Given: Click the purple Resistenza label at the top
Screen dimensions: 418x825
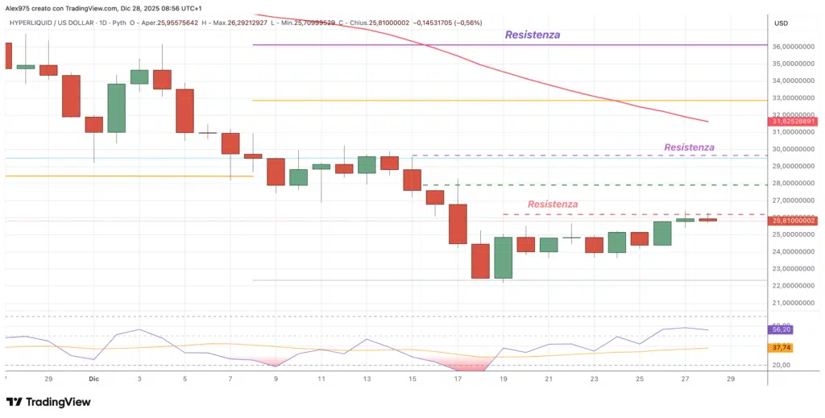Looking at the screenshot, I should (532, 35).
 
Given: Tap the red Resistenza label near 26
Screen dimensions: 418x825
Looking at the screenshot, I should (553, 205).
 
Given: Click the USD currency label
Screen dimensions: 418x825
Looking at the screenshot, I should (780, 23).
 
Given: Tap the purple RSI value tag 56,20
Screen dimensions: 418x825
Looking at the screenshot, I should (781, 329).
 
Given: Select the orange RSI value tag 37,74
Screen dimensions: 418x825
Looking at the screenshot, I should (781, 348).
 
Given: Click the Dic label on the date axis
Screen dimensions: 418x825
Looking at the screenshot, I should (94, 378).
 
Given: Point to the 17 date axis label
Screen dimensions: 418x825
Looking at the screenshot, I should (458, 378).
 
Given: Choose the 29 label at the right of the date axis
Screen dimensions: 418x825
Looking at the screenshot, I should (731, 378).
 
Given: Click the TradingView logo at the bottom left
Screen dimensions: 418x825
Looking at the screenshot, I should (48, 402).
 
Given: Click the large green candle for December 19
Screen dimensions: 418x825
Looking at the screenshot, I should (504, 257).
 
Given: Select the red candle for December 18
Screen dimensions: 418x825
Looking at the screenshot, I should (481, 261).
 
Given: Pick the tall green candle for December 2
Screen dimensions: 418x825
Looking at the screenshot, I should (117, 108).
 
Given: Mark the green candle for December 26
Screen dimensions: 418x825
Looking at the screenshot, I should (662, 233).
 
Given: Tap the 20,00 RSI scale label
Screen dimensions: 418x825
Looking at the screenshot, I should (780, 365).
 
